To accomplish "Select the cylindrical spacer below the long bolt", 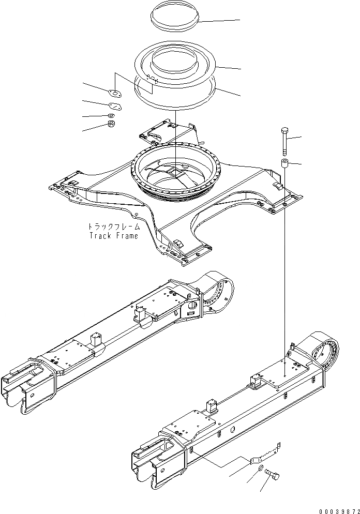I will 284,165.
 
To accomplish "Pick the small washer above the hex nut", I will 110,115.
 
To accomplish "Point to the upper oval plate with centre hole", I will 114,93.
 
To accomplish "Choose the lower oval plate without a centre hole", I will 116,105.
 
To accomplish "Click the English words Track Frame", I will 114,236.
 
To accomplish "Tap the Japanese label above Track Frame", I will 113,226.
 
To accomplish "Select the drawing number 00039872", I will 336,509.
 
